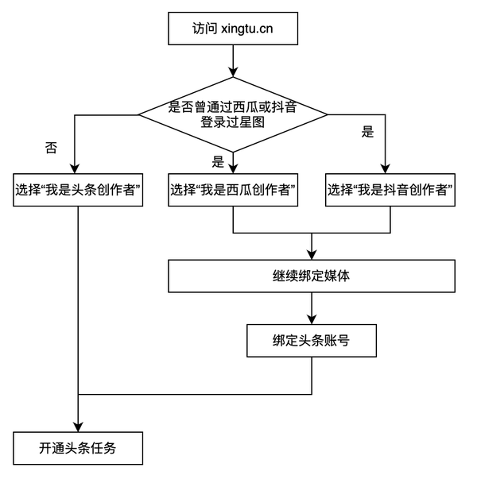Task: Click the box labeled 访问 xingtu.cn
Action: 232,31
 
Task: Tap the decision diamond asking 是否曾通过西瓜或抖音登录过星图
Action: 232,114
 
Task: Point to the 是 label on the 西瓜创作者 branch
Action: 219,162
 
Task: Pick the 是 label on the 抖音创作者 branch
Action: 366,132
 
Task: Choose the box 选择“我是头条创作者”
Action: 79,190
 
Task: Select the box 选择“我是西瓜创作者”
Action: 232,190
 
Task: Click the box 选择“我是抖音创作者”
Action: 390,190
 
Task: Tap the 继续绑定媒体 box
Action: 312,277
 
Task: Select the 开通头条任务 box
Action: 79,447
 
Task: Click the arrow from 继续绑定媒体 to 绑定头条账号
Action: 312,307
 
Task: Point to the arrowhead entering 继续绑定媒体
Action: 312,255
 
